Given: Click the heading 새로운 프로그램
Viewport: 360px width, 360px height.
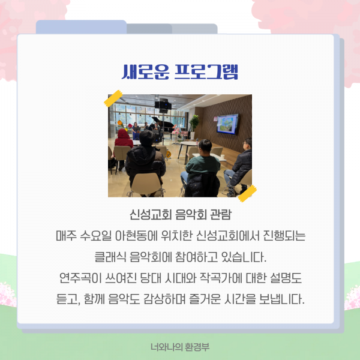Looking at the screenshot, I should pos(179,71).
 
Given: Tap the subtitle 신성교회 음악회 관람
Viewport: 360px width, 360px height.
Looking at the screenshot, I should pos(179,215).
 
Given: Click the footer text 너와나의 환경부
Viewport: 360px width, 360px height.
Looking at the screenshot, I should pos(179,347).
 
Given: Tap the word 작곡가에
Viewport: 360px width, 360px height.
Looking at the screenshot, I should pos(218,278).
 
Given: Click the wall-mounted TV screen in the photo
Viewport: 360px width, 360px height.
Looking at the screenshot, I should pos(227,122).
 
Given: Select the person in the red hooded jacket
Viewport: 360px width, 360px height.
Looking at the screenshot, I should pos(124,140).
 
